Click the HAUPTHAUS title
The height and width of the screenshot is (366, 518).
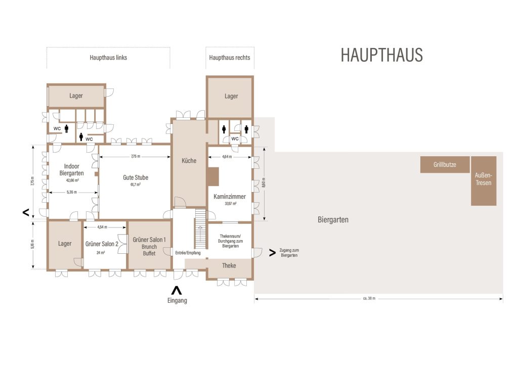tap(381, 55)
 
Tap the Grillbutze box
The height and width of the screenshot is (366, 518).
tap(445, 164)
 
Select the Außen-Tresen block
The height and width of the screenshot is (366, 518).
tap(484, 181)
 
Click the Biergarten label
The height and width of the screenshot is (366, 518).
tap(333, 220)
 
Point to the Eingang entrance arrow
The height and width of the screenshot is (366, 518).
tap(177, 291)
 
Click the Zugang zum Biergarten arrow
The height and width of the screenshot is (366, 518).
tap(272, 253)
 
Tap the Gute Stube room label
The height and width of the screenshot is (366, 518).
tap(136, 177)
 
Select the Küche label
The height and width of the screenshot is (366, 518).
tap(189, 161)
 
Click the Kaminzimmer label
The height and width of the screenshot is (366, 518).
tap(230, 197)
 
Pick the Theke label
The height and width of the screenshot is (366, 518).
tap(229, 266)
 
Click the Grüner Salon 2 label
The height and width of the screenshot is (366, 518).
tap(102, 244)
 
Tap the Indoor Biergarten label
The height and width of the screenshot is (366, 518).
tap(72, 170)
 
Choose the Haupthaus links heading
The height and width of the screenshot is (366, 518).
tap(108, 58)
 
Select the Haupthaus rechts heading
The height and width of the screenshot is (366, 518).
tap(230, 58)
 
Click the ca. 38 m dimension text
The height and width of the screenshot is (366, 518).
tap(369, 298)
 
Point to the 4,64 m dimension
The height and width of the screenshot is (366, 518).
tap(227, 157)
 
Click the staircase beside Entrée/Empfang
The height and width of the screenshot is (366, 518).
tap(200, 228)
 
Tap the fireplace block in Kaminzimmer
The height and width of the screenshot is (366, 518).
tap(213, 176)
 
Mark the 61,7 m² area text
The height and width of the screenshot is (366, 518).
tap(136, 185)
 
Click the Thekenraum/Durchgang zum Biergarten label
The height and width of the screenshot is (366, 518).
tap(230, 241)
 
